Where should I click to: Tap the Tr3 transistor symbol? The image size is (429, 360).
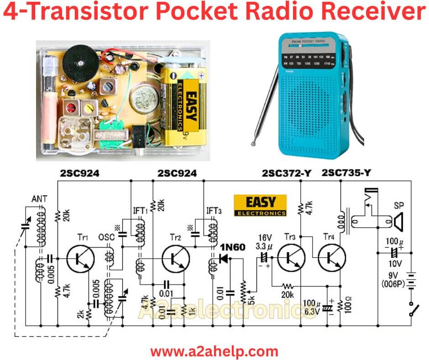pos(291,258)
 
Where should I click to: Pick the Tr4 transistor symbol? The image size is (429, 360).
pos(332,258)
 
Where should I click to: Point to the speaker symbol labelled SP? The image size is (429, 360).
pos(399,222)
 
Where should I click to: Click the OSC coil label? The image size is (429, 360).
pos(105,238)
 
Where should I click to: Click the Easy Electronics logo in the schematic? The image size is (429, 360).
pos(260,206)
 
